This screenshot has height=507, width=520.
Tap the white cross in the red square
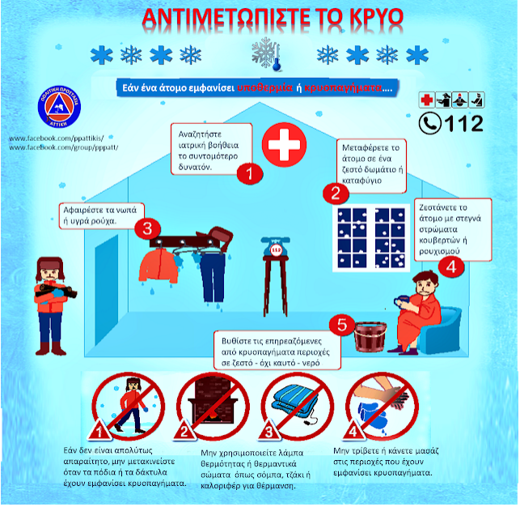tap(282, 147)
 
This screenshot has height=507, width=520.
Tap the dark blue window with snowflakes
tap(370, 236)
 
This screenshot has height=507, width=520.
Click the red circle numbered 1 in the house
tap(251, 173)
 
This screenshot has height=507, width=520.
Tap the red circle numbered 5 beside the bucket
tap(342, 326)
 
